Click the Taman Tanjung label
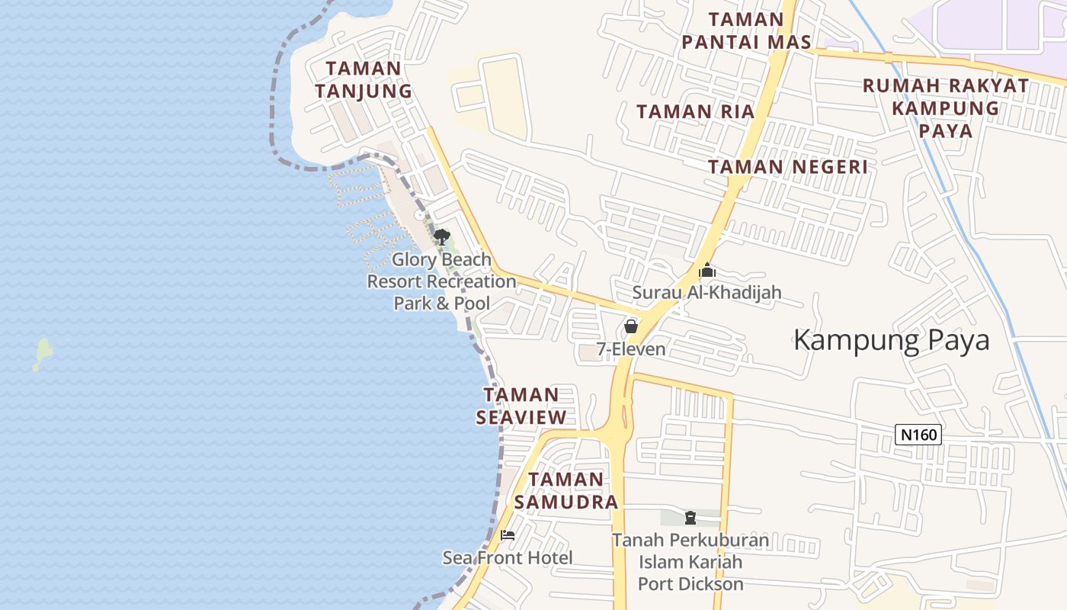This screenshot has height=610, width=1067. (364, 79)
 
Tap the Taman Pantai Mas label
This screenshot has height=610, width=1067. (746, 30)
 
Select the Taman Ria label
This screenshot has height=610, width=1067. (695, 111)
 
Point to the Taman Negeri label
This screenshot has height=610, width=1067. (787, 166)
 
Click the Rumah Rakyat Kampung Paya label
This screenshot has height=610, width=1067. (945, 108)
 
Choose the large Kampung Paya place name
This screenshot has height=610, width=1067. (891, 340)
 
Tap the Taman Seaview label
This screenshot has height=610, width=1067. (521, 406)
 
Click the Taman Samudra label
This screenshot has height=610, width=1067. (566, 490)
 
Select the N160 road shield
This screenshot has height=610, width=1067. (918, 435)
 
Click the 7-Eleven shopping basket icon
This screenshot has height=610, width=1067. (631, 326)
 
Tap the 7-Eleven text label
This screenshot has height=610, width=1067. (631, 350)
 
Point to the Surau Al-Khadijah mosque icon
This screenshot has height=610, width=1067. (707, 271)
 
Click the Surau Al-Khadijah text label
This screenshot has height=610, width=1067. (707, 293)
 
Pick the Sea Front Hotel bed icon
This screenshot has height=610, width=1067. (508, 535)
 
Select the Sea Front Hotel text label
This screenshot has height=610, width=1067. (508, 558)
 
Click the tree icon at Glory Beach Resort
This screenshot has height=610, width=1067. (441, 236)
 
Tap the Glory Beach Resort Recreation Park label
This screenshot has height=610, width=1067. (442, 281)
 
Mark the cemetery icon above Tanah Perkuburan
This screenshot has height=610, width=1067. (691, 518)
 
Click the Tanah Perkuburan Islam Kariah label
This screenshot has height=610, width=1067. (691, 563)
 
